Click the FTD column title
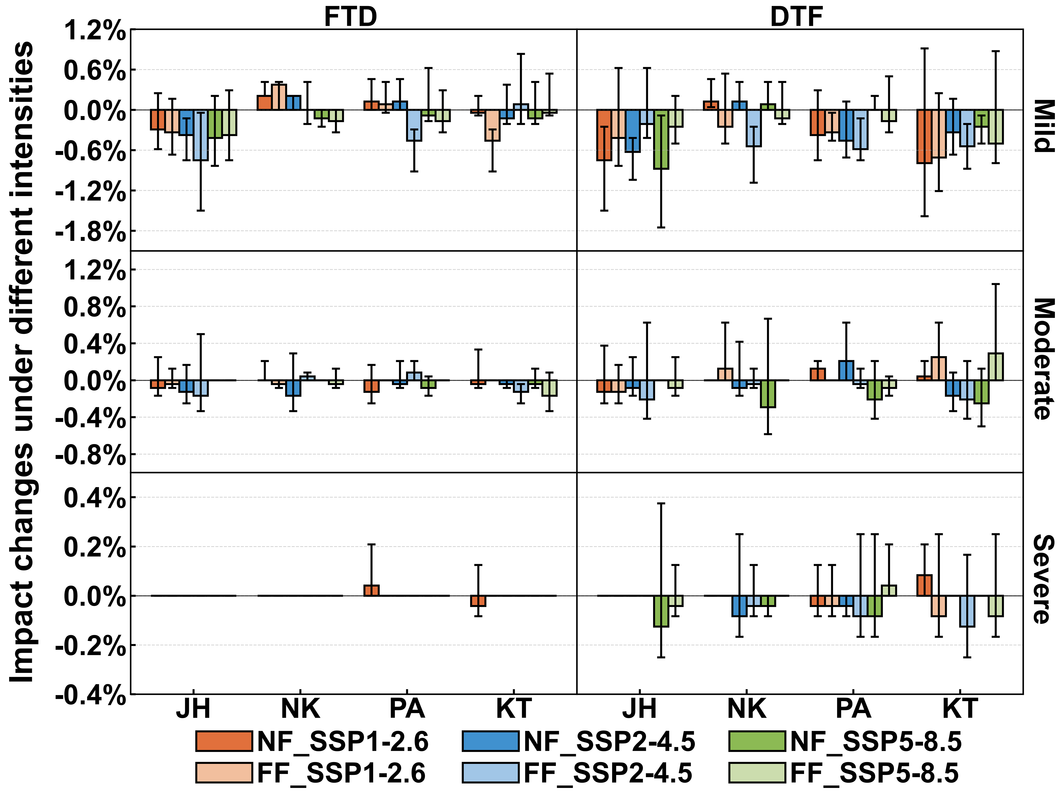coord(350,17)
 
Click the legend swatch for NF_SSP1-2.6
coord(224,741)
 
